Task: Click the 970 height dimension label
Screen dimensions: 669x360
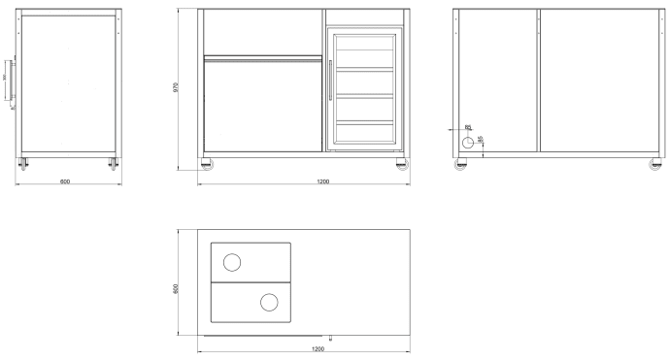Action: coord(175,85)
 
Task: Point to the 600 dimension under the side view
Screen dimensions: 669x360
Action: coord(66,181)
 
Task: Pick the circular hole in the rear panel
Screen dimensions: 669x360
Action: coord(469,142)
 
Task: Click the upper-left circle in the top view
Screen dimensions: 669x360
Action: coord(233,262)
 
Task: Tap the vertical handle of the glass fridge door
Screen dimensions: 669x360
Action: coord(330,80)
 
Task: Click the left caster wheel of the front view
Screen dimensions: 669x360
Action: coord(205,163)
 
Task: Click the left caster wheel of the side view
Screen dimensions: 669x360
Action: coord(24,163)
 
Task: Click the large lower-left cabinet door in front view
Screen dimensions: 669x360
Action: coord(262,107)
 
